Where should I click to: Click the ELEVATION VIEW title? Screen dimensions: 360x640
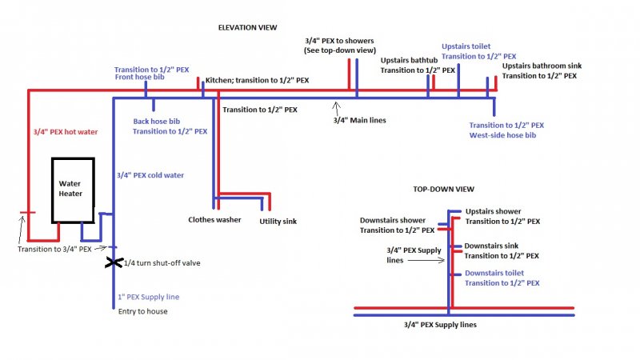pyautogui.click(x=247, y=27)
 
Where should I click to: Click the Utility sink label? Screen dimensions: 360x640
pyautogui.click(x=278, y=222)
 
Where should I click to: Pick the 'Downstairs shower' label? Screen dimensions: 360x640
pyautogui.click(x=392, y=220)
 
